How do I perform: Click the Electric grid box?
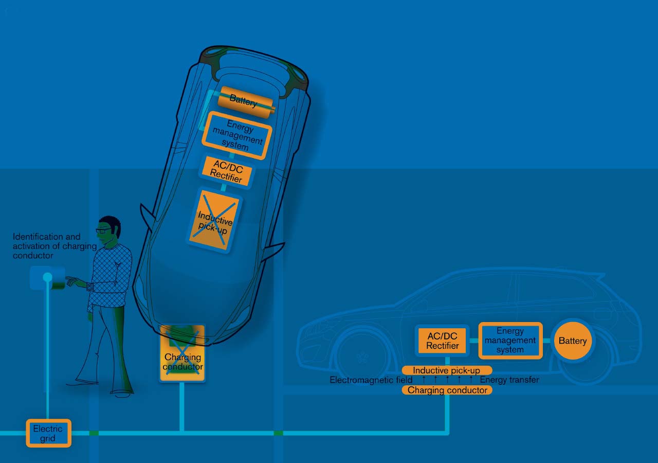(49, 433)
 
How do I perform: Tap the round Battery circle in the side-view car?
(573, 341)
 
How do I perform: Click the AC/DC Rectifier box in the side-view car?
(443, 341)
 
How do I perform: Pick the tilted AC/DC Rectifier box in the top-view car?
(226, 172)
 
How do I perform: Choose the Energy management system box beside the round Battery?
(510, 341)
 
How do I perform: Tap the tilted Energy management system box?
(237, 135)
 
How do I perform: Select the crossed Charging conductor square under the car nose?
(182, 353)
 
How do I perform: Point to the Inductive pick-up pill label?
(447, 370)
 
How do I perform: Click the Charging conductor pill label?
(447, 390)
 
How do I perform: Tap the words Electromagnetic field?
(371, 380)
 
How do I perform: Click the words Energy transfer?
(509, 380)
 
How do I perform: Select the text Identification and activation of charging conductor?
(54, 246)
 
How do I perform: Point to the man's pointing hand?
(72, 281)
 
